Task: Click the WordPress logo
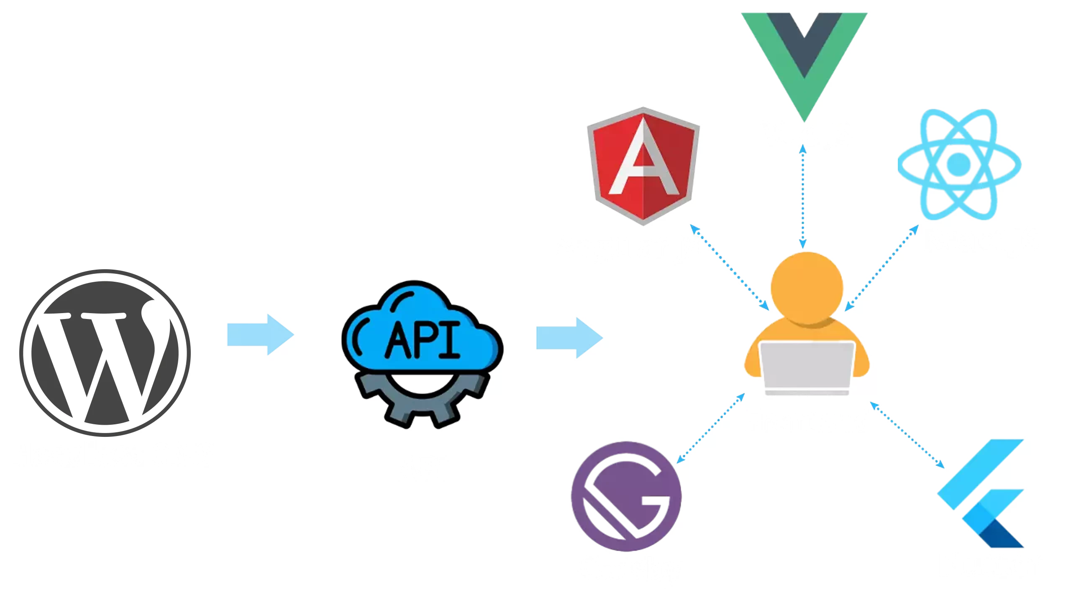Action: tap(105, 352)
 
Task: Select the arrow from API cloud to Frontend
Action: tap(569, 338)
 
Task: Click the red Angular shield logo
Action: tap(643, 166)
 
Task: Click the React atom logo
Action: tap(959, 164)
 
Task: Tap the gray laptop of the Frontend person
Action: tap(807, 368)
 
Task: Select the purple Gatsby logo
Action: tap(626, 496)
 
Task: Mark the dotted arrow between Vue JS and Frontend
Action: tap(802, 196)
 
